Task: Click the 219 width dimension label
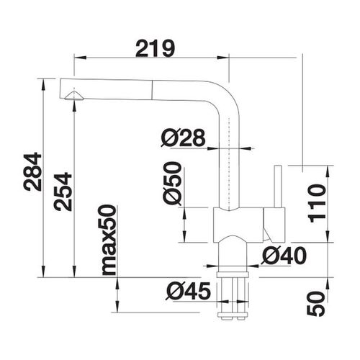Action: tap(156, 49)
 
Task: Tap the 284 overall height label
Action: tap(33, 171)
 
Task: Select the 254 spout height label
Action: tap(63, 192)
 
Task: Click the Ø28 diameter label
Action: tap(183, 138)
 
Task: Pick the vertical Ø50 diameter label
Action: tap(172, 184)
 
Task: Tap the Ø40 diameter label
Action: tap(284, 256)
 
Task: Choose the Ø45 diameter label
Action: tap(188, 291)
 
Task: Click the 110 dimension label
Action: tap(318, 204)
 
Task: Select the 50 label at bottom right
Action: tap(316, 304)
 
